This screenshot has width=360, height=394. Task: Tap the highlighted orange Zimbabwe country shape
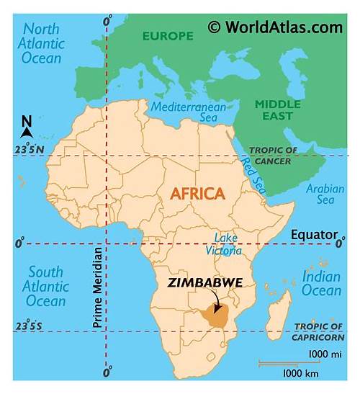click(x=214, y=313)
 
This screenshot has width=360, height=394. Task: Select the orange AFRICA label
click(x=198, y=194)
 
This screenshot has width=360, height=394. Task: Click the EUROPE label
click(x=168, y=36)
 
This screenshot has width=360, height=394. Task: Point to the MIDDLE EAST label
click(x=277, y=109)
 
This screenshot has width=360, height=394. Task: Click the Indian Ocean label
click(x=321, y=283)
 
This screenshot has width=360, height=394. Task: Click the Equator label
click(x=314, y=235)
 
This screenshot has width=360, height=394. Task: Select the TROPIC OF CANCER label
click(x=273, y=155)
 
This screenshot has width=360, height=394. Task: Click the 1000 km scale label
click(x=301, y=372)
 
